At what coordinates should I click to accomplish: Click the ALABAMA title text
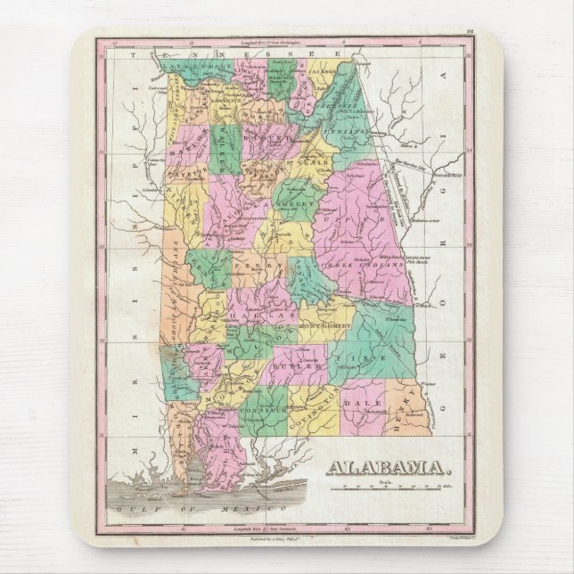coord(389,467)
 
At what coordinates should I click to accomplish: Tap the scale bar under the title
coord(393,488)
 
